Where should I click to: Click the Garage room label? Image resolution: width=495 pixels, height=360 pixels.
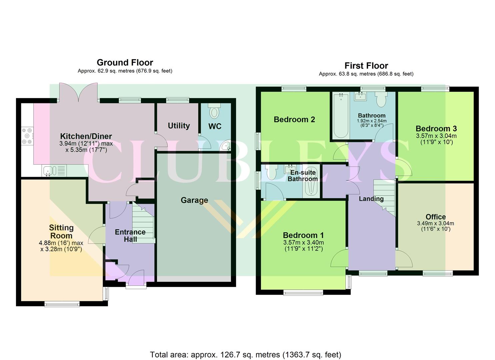coord(194,200)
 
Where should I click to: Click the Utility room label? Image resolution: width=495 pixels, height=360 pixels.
coord(179,126)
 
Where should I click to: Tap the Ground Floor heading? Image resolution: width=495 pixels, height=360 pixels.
coord(125,63)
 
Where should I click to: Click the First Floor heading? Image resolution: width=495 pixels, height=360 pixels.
coord(366,66)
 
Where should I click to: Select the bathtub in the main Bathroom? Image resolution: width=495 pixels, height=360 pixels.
coord(340,116)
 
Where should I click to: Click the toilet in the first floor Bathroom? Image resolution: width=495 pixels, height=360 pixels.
coord(381,99)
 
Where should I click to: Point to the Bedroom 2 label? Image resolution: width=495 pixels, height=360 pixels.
coord(294,119)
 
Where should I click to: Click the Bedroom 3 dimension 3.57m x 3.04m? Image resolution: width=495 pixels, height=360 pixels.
coord(436,136)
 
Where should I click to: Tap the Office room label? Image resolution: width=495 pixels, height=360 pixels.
coord(435,217)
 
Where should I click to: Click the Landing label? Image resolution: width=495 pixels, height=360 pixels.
coord(371,199)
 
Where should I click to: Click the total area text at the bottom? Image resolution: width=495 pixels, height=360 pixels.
coord(245,355)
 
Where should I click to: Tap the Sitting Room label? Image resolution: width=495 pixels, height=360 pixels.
coord(61,232)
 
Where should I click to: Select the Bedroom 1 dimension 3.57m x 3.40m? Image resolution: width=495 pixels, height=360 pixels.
coord(303,243)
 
